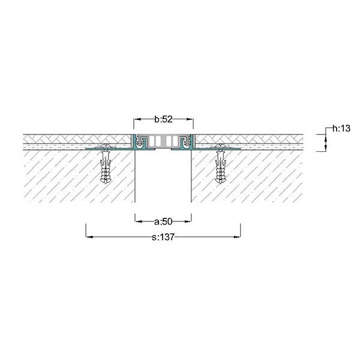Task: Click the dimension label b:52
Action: click(x=163, y=119)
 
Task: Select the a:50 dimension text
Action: click(x=163, y=221)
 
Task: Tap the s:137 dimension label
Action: click(x=163, y=237)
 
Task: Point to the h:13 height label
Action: click(x=341, y=128)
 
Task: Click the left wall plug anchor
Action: click(x=106, y=166)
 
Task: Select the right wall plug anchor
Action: click(x=221, y=166)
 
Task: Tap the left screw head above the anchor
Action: click(x=106, y=146)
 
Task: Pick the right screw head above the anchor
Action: click(x=221, y=146)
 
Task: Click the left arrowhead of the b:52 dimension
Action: click(x=137, y=119)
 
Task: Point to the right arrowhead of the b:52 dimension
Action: click(x=190, y=119)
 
